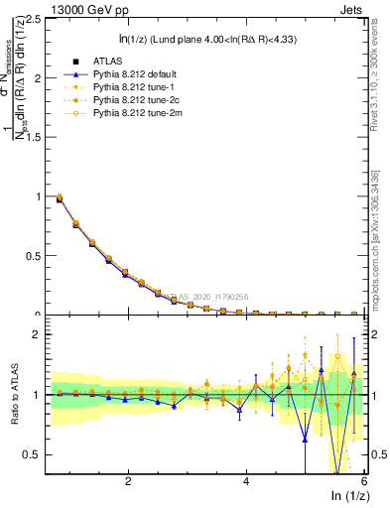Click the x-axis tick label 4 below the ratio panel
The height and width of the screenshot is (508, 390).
click(246, 481)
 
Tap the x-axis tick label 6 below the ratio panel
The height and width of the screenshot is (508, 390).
click(364, 481)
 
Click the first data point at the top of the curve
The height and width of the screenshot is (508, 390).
click(60, 197)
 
